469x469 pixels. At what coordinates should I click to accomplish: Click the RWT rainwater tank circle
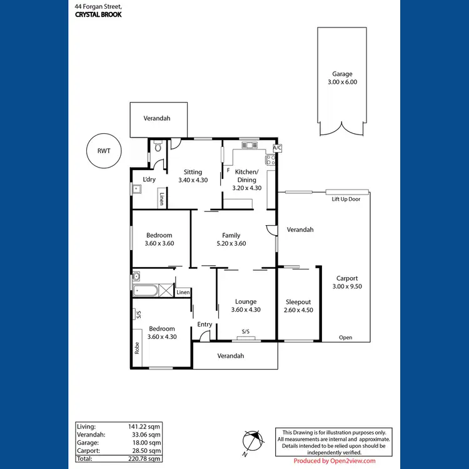[x=102, y=151]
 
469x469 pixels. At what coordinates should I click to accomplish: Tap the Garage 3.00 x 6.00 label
[x=342, y=78]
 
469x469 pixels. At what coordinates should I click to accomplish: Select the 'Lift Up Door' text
[x=346, y=199]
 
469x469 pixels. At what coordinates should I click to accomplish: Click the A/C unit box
[x=277, y=148]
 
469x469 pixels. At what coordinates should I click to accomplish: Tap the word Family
[x=231, y=236]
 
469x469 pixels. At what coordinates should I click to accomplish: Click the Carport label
[x=346, y=278]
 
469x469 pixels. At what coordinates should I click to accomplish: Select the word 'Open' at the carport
[x=345, y=337]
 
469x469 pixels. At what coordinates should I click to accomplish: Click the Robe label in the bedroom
[x=137, y=348]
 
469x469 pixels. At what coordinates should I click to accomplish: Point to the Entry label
[x=204, y=324]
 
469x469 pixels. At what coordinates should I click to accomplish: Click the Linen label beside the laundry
[x=161, y=199]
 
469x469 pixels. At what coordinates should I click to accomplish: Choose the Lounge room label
[x=245, y=301]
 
